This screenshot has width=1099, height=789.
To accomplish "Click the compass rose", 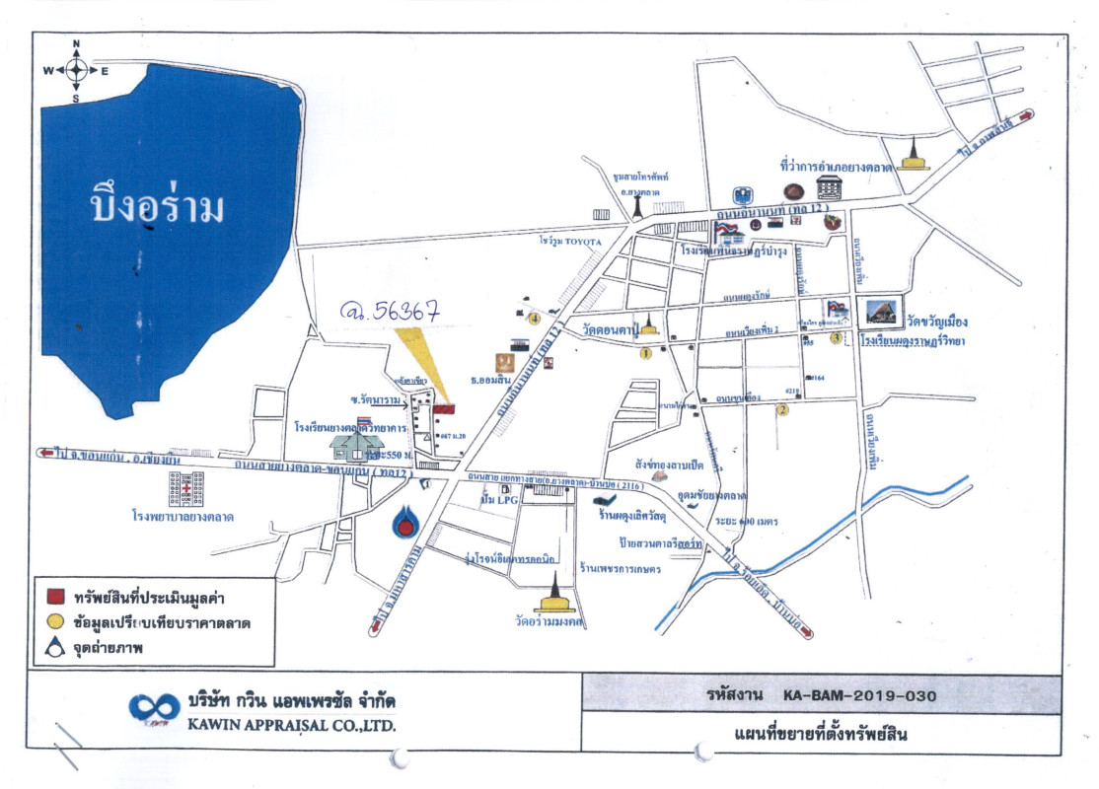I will (x=76, y=70).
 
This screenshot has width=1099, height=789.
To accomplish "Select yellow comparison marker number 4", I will (x=534, y=318).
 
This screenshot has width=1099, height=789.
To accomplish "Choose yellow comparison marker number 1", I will (x=646, y=352).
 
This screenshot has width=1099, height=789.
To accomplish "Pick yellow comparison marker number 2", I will (x=782, y=410).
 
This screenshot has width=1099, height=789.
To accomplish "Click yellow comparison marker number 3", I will (x=836, y=338).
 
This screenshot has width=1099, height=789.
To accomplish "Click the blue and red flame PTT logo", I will (x=404, y=523).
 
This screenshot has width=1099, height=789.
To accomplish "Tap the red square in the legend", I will (x=56, y=598).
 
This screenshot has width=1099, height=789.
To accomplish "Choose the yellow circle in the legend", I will (x=56, y=622).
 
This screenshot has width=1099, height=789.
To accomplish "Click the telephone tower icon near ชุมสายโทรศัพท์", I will (x=637, y=208).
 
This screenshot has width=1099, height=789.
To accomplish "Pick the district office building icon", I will (x=742, y=195).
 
